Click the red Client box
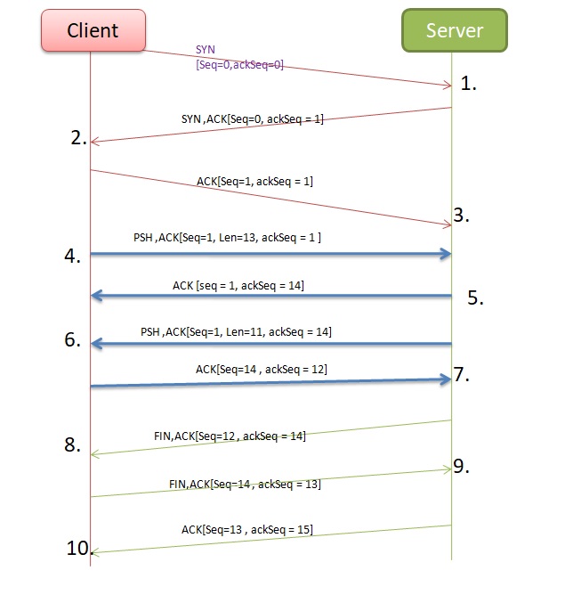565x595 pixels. (93, 30)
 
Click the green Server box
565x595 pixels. (454, 30)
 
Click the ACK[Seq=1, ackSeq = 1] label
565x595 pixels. (254, 181)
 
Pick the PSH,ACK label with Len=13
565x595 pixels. (227, 238)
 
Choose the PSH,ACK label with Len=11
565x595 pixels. (236, 331)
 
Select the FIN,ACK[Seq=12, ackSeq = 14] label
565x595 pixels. (230, 436)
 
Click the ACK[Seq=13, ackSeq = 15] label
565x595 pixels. (246, 529)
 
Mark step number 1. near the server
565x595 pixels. (469, 85)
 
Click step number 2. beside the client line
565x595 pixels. (79, 138)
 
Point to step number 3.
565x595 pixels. (460, 215)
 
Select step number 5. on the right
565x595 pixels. (475, 298)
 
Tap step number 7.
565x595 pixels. (460, 374)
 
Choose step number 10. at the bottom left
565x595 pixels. (79, 549)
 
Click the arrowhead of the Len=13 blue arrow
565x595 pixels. (446, 255)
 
